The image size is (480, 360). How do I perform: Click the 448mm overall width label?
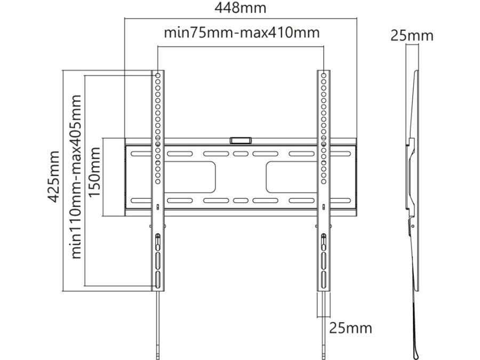tap(240, 9)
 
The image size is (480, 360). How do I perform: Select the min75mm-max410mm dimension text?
tap(241, 33)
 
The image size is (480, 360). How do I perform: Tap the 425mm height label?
tap(53, 176)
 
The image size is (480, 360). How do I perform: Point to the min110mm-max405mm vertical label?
tap(77, 176)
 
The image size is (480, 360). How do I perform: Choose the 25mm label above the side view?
tap(412, 36)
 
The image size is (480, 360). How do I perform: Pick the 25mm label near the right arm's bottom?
tap(350, 327)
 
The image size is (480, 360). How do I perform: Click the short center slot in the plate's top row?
tap(240, 154)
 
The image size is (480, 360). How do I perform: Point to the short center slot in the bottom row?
tap(240, 201)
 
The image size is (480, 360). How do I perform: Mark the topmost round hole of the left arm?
tap(158, 76)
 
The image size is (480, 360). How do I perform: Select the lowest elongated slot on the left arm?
tap(158, 280)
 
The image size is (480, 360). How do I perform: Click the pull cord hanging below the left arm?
tap(158, 325)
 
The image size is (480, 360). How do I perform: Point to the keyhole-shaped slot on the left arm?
tap(158, 241)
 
